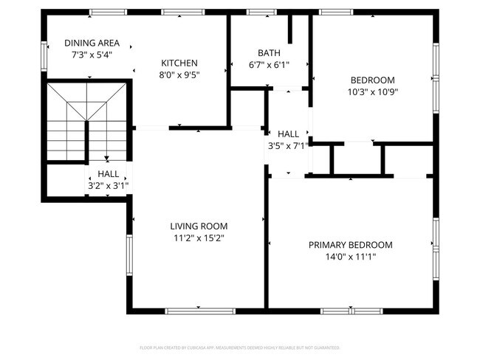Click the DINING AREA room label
(x=92, y=43)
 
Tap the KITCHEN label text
(x=179, y=63)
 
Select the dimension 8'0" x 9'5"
(x=179, y=75)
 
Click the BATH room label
(x=268, y=53)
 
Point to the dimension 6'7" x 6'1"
(x=268, y=64)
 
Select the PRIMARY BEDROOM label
(x=350, y=245)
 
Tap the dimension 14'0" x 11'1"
(x=350, y=257)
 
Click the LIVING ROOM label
(x=199, y=226)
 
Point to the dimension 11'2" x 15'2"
(x=199, y=238)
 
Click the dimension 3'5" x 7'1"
(x=288, y=146)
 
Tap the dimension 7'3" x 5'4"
(x=92, y=55)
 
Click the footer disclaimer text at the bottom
(x=239, y=347)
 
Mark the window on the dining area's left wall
(x=43, y=55)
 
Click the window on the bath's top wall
(x=258, y=13)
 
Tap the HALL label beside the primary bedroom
(x=288, y=134)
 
